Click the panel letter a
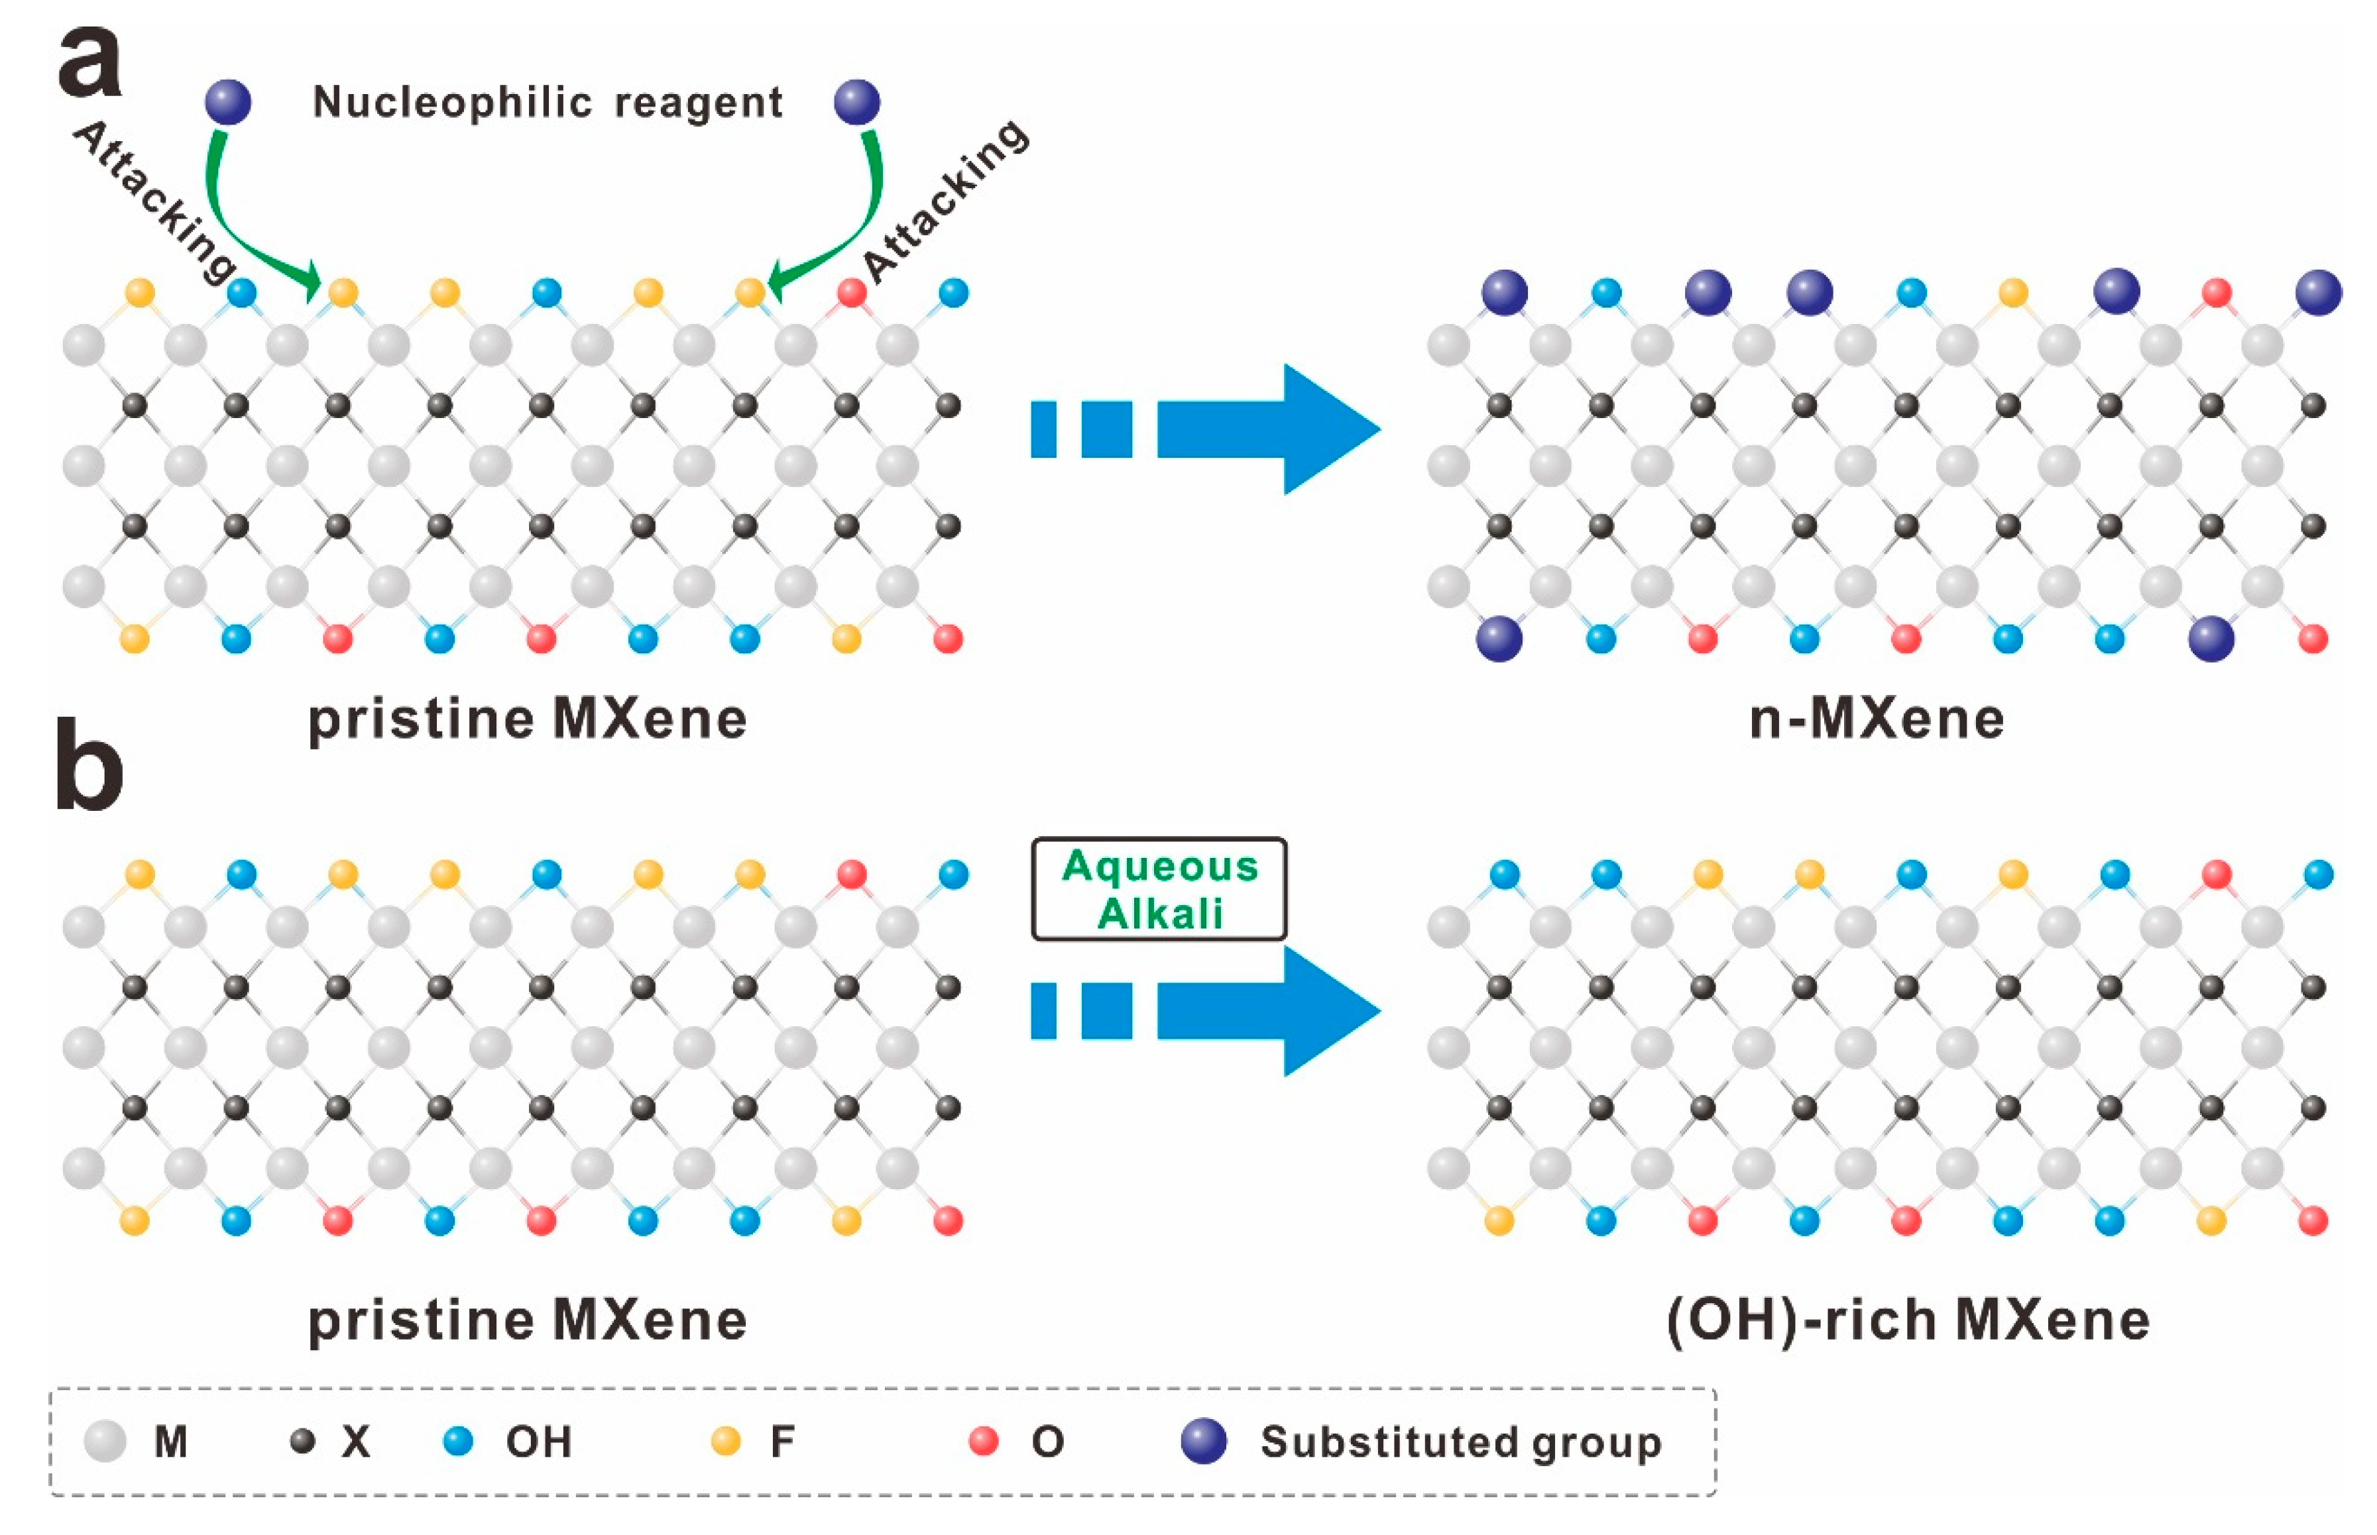(89, 62)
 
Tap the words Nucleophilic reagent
(548, 103)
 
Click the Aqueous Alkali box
(1159, 889)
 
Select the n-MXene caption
(1877, 719)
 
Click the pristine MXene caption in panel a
(528, 719)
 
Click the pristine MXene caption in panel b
(528, 1321)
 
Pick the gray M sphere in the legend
(105, 1442)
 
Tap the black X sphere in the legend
(302, 1442)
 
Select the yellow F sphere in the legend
(726, 1442)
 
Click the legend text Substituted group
(1461, 1442)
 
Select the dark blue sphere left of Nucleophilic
(228, 101)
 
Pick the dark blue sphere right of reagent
(856, 101)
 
